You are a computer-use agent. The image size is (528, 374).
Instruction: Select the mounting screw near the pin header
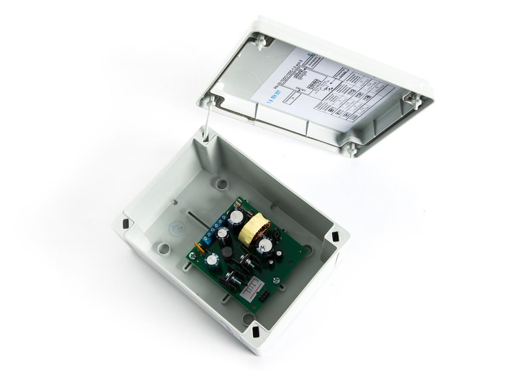coord(276,280)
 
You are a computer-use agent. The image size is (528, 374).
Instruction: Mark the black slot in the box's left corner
coord(125,224)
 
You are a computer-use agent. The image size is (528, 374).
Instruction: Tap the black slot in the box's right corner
coord(335,237)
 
